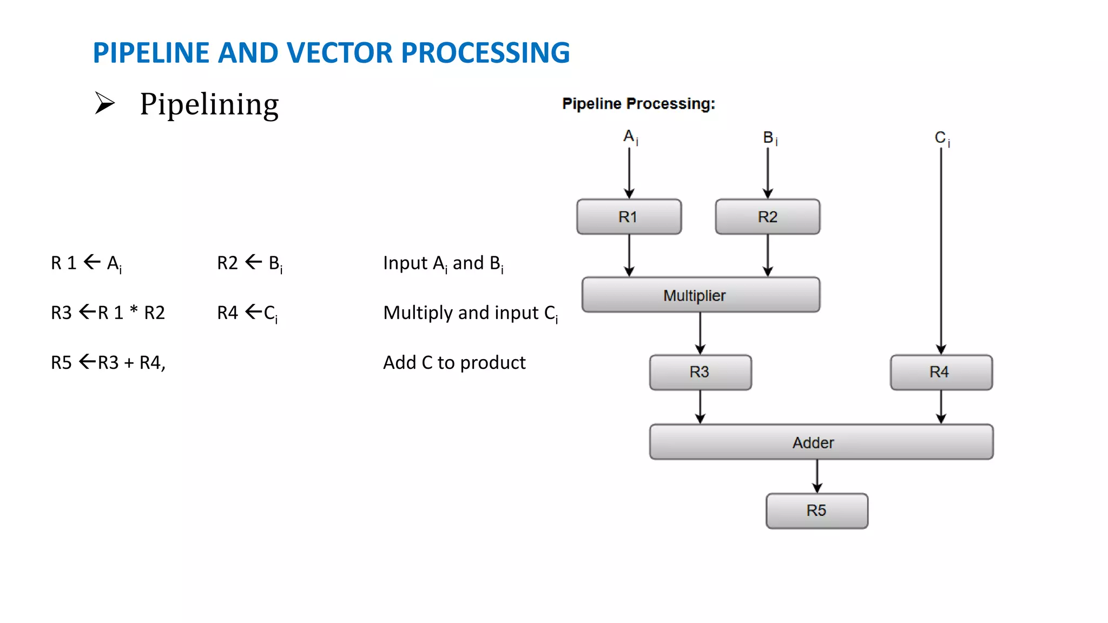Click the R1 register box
629,217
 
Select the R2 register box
767,217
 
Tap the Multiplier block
701,295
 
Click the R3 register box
700,372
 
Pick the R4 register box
941,372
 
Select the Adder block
821,442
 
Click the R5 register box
816,511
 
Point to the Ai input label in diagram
630,137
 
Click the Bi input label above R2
770,138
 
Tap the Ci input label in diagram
942,138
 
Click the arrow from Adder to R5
817,476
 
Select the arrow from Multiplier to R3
700,333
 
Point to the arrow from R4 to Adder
941,407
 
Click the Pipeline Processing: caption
638,104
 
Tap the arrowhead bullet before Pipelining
105,103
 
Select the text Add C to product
454,362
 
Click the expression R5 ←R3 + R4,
108,362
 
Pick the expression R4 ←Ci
247,313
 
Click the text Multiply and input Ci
470,313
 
